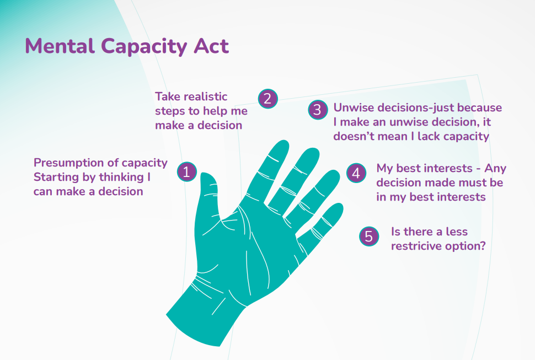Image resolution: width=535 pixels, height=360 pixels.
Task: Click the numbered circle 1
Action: pyautogui.click(x=187, y=171)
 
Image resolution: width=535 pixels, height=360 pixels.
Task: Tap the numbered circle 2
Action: pyautogui.click(x=267, y=99)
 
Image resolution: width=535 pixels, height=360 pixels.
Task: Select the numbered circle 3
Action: pyautogui.click(x=317, y=110)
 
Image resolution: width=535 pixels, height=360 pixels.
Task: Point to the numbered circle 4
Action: pyautogui.click(x=356, y=173)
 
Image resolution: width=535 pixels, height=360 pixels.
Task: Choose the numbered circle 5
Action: pyautogui.click(x=369, y=237)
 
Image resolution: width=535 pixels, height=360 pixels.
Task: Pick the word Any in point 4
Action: pyautogui.click(x=495, y=168)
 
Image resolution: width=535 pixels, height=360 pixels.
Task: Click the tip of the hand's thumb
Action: pyautogui.click(x=205, y=176)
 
